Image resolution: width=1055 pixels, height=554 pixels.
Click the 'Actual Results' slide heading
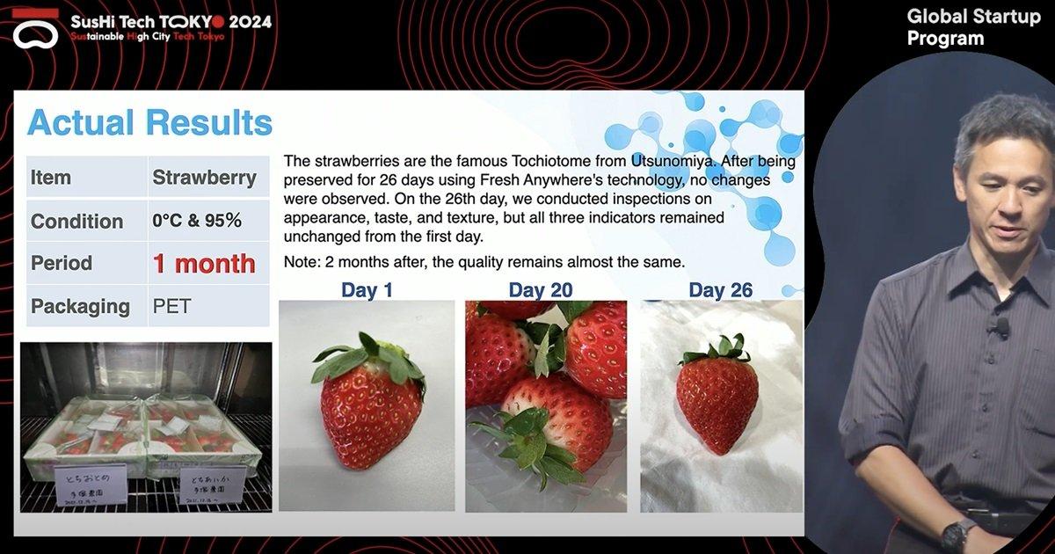tap(149, 123)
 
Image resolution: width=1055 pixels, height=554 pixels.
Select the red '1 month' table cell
tap(204, 263)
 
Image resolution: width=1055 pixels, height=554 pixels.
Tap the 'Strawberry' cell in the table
tap(204, 178)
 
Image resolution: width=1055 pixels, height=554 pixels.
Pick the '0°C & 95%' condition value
tap(197, 221)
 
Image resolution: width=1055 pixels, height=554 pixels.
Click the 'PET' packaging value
tap(171, 306)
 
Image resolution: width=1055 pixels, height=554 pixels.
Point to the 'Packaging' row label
tap(80, 306)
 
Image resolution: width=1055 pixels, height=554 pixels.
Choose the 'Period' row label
tap(62, 263)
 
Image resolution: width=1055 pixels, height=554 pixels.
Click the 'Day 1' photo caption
tap(367, 290)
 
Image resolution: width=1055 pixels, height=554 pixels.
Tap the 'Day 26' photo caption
tap(720, 290)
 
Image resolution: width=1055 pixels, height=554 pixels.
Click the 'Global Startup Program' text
tap(972, 27)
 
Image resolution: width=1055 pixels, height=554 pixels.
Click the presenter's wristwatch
tap(957, 535)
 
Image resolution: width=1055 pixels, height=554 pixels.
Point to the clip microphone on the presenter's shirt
tap(1000, 327)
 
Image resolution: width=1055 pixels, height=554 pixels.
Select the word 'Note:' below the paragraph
tap(302, 262)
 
